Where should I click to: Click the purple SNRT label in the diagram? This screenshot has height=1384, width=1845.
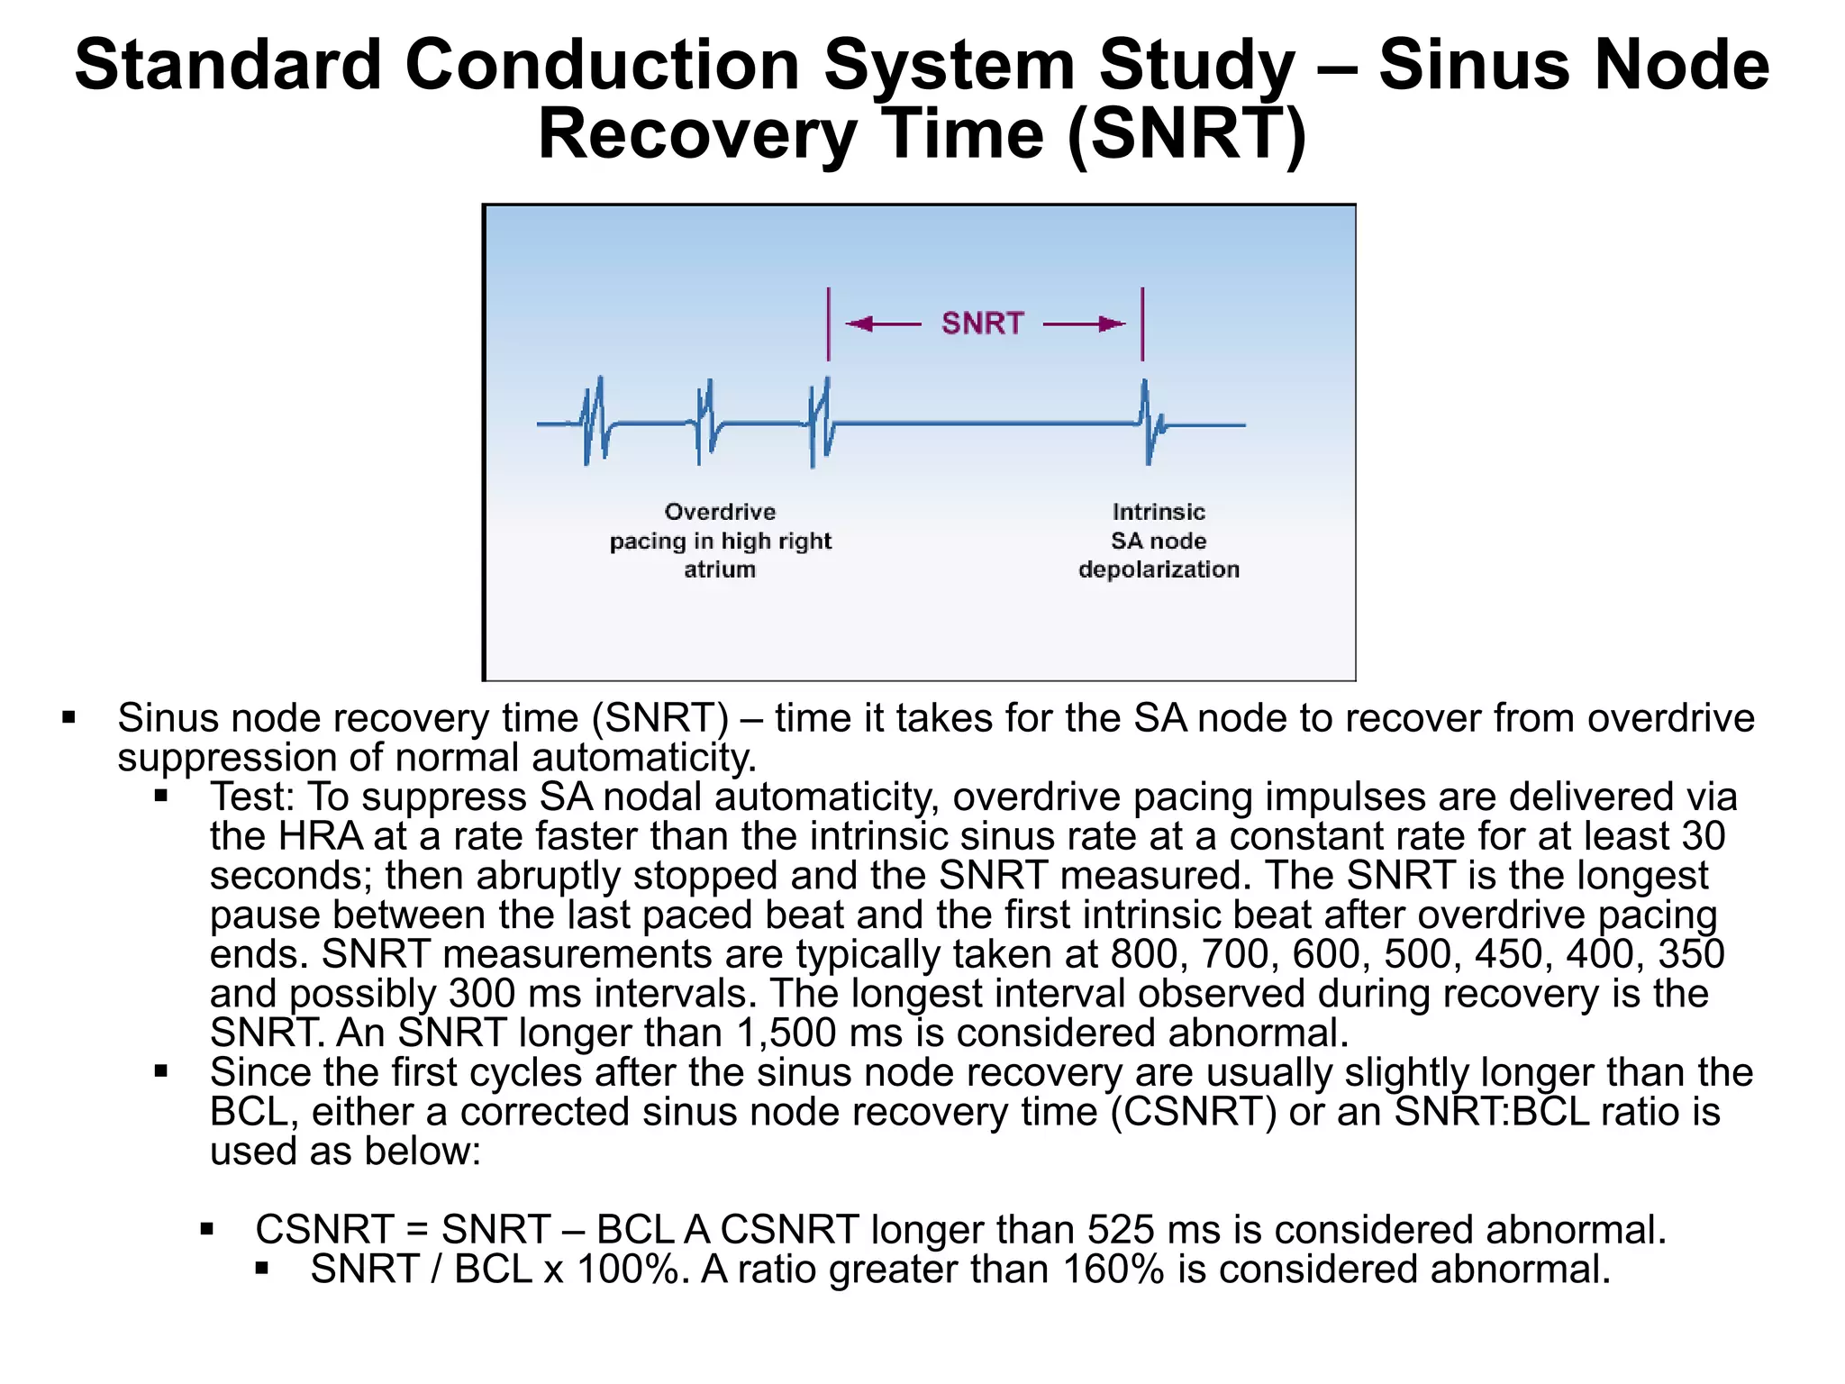[982, 323]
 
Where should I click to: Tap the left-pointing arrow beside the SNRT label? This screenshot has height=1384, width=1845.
[883, 323]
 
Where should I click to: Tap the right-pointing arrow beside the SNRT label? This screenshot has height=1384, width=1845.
[1084, 323]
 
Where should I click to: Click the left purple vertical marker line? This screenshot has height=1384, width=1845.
[829, 324]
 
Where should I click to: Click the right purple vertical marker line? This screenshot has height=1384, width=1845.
[1142, 324]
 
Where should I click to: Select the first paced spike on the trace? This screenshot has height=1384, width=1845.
[595, 421]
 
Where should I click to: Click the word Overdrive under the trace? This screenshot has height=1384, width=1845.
[720, 512]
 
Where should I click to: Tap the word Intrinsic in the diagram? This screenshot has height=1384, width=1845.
[1158, 512]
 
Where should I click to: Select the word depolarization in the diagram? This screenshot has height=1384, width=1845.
[1159, 569]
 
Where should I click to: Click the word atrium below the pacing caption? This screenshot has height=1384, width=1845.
[719, 569]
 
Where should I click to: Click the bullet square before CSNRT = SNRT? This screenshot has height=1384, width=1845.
[207, 1229]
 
